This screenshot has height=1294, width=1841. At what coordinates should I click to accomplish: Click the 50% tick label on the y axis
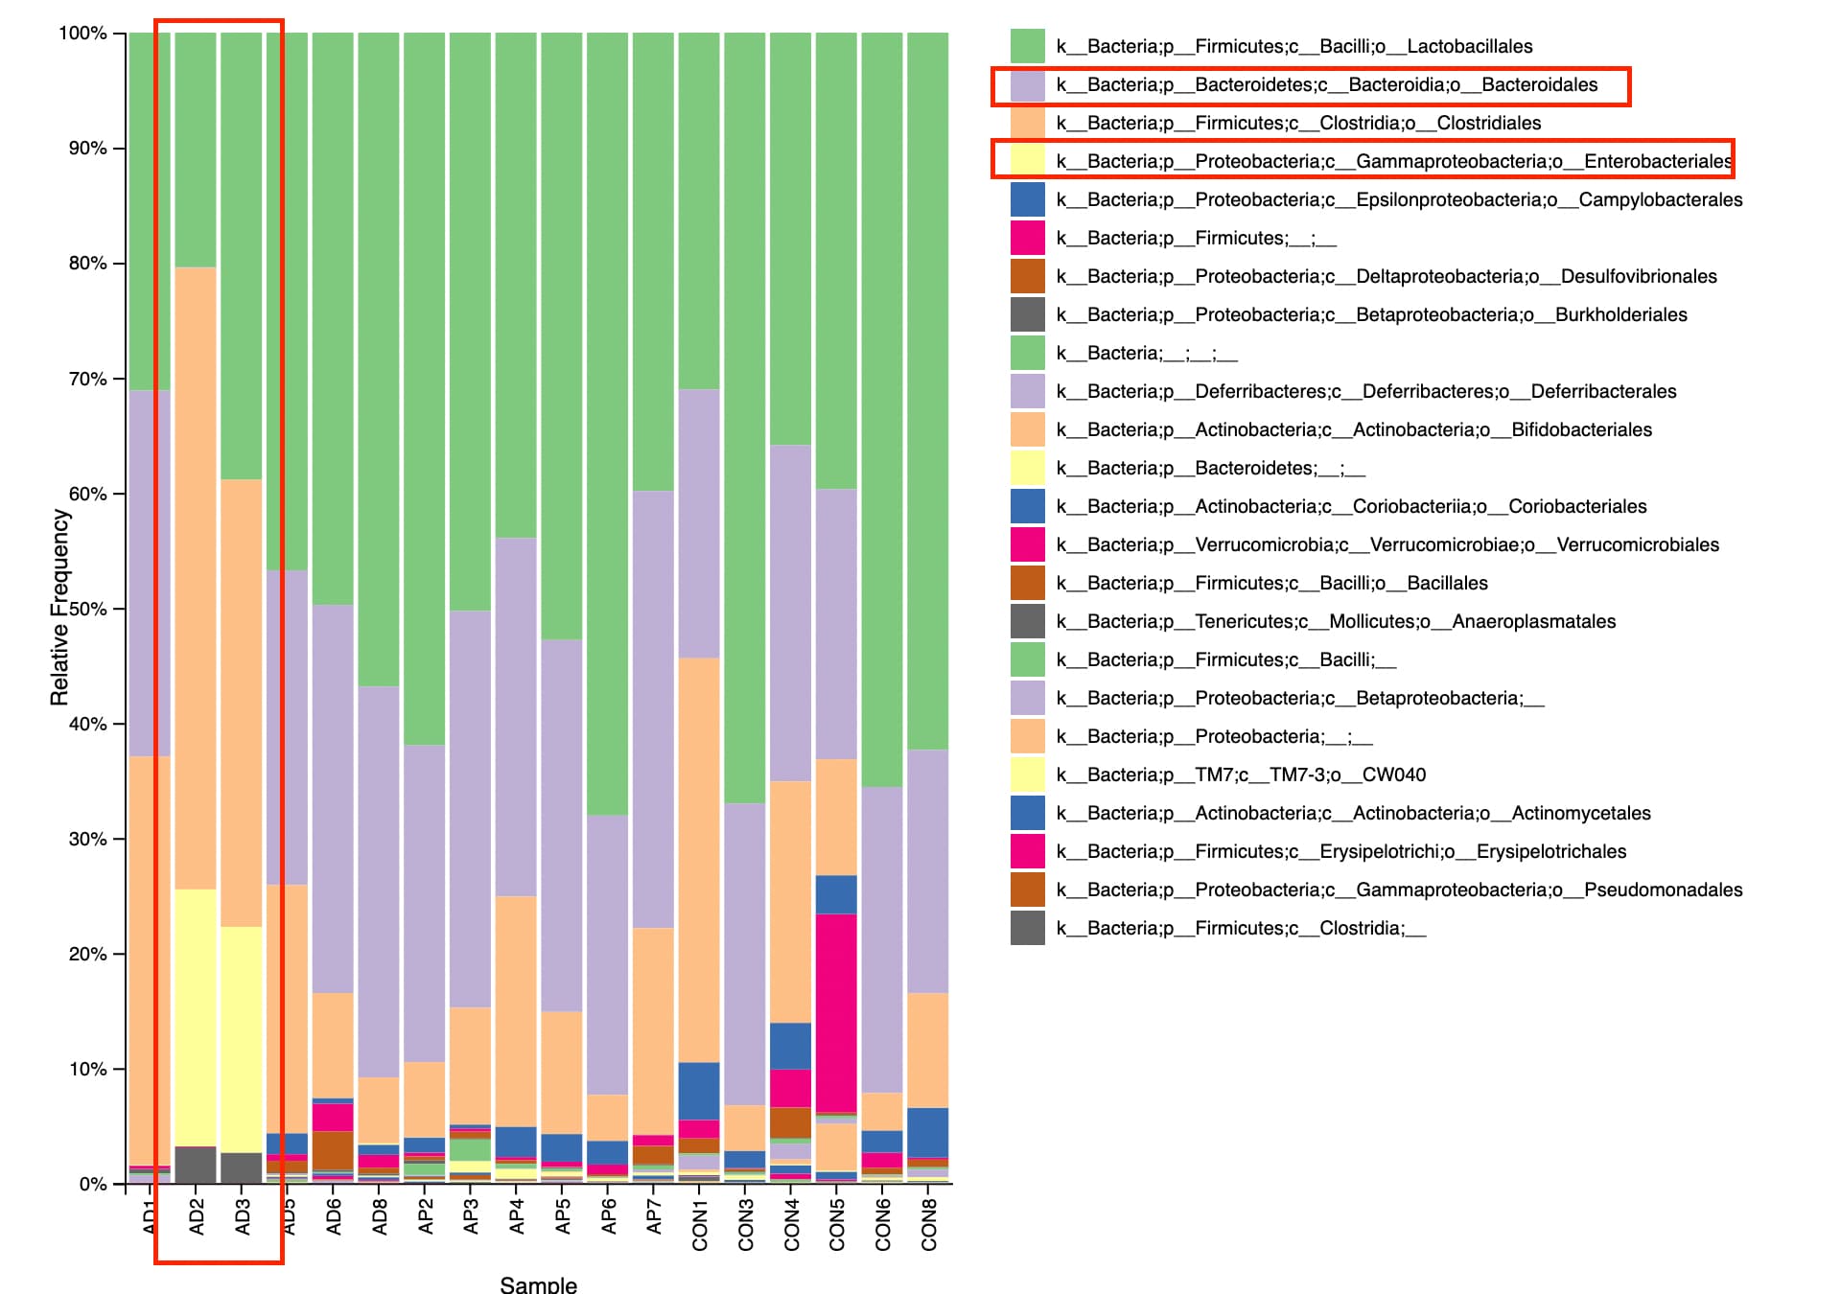click(x=87, y=609)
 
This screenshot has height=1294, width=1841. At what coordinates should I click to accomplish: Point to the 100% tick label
click(x=82, y=34)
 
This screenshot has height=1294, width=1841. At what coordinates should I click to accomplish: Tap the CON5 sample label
click(x=837, y=1224)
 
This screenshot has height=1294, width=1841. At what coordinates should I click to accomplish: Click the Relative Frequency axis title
click(x=59, y=608)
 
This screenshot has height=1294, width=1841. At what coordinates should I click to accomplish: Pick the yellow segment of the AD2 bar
click(x=196, y=1016)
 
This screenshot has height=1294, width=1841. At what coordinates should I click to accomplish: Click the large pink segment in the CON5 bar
click(x=836, y=1012)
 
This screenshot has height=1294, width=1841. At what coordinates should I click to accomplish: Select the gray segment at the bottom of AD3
click(x=242, y=1167)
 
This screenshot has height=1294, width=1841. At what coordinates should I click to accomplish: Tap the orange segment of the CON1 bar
click(x=699, y=859)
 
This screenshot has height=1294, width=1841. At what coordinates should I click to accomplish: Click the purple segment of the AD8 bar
click(x=380, y=882)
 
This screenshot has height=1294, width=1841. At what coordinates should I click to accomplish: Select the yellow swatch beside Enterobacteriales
click(x=1027, y=161)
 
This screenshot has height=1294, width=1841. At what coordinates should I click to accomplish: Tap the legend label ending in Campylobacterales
click(x=1399, y=199)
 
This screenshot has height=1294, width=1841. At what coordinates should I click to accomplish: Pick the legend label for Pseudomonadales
click(x=1399, y=890)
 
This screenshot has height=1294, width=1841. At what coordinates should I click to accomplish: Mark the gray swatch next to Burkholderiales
click(x=1027, y=314)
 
